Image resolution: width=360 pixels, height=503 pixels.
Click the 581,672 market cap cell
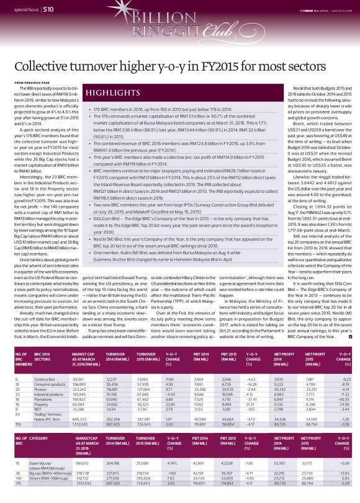(x=82, y=463)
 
